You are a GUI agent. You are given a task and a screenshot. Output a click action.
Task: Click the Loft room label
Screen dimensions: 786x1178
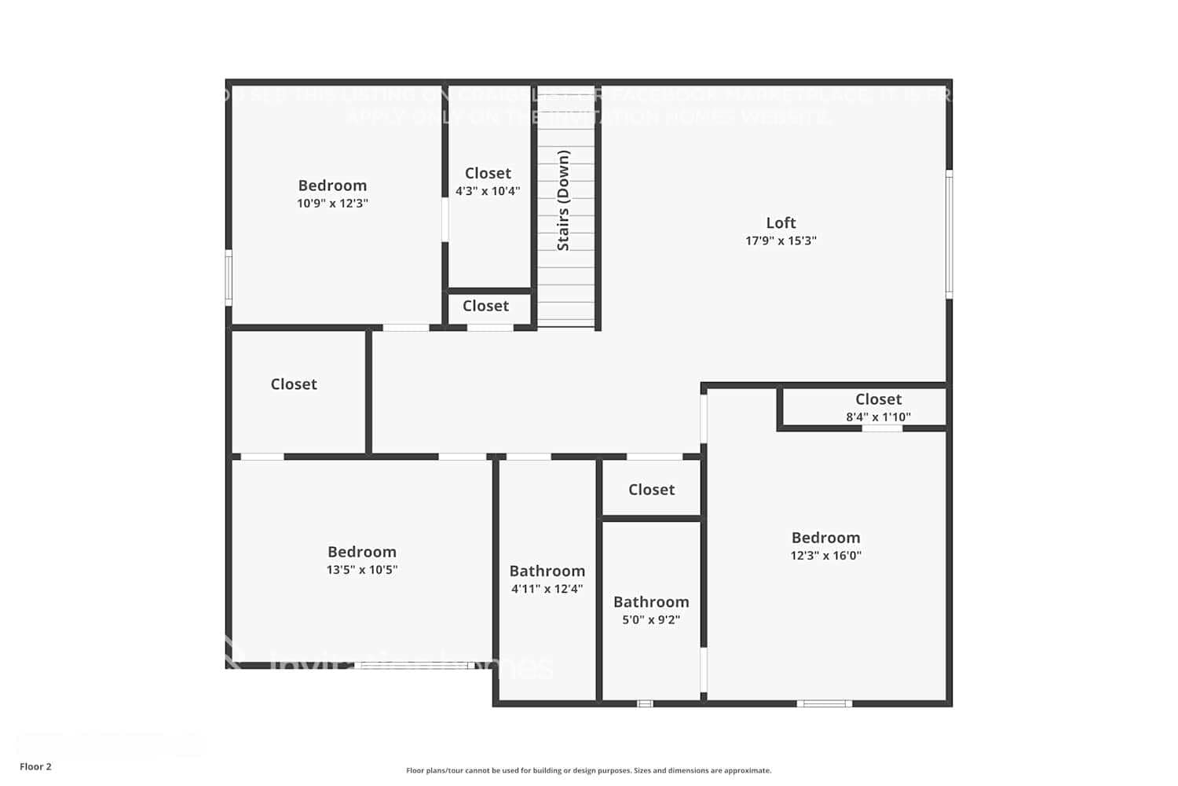781,223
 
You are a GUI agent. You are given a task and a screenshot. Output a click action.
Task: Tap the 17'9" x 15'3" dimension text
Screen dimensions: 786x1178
781,241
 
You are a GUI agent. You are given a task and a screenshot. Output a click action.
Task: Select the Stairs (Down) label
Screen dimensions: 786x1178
563,200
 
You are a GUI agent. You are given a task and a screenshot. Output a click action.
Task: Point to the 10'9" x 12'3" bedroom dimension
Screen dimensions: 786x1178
332,204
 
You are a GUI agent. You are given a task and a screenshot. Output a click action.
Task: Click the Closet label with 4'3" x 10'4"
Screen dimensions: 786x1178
488,173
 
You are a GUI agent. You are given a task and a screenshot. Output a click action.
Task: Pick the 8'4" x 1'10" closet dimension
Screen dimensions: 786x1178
878,417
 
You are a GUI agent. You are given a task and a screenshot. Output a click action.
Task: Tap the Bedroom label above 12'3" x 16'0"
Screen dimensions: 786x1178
825,538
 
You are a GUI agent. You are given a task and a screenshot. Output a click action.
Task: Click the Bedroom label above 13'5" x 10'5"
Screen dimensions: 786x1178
362,552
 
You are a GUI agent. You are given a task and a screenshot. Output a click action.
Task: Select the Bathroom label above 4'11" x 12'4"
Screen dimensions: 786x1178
547,571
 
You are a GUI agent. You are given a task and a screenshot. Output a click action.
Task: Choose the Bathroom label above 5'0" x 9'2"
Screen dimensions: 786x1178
651,602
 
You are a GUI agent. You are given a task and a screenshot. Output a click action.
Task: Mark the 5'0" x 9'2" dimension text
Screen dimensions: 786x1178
651,620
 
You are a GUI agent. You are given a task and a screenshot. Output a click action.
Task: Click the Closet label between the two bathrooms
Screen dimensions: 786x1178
651,490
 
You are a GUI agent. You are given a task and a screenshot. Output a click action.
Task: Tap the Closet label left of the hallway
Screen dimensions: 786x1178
294,384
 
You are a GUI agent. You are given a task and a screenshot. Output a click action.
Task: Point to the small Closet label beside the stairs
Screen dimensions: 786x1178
485,307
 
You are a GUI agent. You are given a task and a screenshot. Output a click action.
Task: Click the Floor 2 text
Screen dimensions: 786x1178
35,767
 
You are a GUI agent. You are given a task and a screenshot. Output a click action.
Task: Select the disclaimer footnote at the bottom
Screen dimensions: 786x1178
588,771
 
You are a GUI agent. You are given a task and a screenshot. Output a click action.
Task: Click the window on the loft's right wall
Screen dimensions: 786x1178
949,234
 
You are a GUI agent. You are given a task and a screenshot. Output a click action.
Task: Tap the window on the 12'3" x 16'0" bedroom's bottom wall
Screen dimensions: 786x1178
824,703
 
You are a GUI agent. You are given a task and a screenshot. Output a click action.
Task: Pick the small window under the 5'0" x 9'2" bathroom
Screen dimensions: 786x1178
645,703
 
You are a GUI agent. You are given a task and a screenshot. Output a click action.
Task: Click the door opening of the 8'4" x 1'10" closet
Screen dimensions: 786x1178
882,428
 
